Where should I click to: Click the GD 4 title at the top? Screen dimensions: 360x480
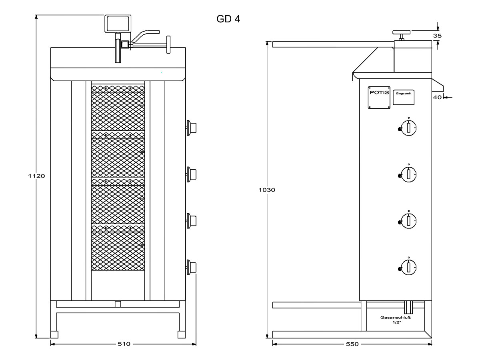pos(229,19)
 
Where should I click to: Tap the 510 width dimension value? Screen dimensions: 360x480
pos(124,344)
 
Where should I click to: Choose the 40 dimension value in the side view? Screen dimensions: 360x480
pos(437,97)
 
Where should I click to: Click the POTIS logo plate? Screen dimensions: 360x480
pos(379,98)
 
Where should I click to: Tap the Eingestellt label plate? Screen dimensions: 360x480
pos(404,96)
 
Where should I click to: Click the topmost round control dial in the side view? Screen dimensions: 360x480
pos(408,127)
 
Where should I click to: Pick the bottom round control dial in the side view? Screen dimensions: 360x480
pos(408,266)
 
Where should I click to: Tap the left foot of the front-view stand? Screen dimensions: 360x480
pos(54,334)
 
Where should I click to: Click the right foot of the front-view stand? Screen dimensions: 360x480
pos(182,334)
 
